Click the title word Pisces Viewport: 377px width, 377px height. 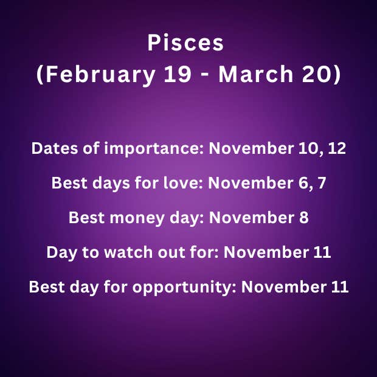pyautogui.click(x=185, y=43)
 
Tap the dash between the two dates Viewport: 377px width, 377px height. pyautogui.click(x=205, y=75)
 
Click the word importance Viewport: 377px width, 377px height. pyautogui.click(x=154, y=149)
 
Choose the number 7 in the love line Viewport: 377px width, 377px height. pyautogui.click(x=322, y=183)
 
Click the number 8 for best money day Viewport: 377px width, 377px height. pyautogui.click(x=304, y=218)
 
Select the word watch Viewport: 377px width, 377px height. pyautogui.click(x=128, y=252)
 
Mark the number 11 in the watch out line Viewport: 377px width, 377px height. pyautogui.click(x=323, y=252)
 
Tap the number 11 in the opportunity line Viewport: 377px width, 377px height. pyautogui.click(x=341, y=287)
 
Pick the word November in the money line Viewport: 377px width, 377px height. pyautogui.click(x=252, y=218)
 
